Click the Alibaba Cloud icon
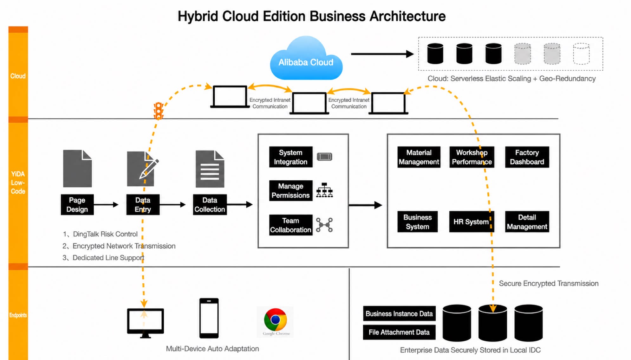(306, 58)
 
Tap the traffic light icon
(159, 111)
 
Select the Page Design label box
(77, 205)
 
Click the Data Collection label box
(210, 205)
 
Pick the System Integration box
(291, 157)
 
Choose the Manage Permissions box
(291, 190)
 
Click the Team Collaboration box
(291, 225)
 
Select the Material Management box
(419, 157)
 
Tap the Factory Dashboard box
(527, 157)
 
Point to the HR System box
(472, 222)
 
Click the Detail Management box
(527, 222)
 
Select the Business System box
(418, 222)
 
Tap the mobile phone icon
(209, 318)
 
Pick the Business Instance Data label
(399, 313)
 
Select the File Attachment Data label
(399, 332)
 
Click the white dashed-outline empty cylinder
(581, 54)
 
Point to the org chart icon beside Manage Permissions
(324, 190)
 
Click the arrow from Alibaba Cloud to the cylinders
(382, 54)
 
